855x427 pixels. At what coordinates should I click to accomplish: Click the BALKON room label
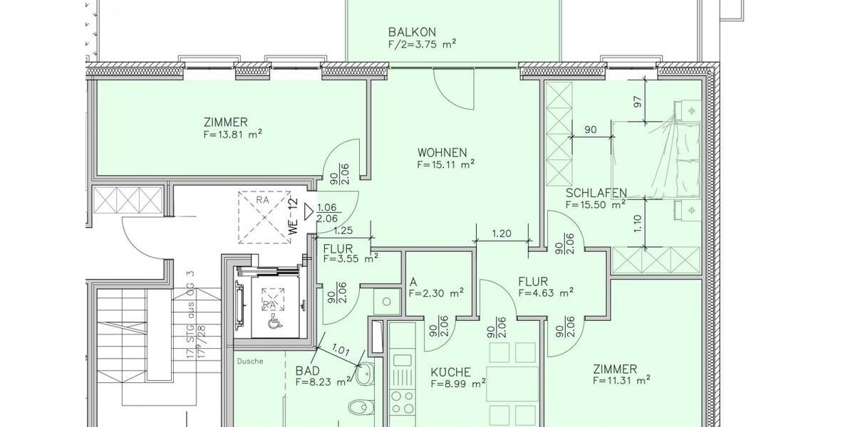tap(412, 32)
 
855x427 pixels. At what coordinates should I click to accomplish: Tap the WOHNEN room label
tap(442, 152)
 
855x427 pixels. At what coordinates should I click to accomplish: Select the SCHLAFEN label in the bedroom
tap(596, 193)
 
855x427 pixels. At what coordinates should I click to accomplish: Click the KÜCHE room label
tap(450, 372)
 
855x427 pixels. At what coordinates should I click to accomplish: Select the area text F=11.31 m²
tap(621, 381)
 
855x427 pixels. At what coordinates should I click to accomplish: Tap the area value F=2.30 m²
tap(437, 292)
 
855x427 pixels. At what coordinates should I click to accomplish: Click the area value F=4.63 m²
tap(546, 292)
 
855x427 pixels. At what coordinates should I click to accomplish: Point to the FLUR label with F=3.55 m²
tap(338, 248)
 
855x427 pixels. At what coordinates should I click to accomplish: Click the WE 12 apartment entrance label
tap(292, 211)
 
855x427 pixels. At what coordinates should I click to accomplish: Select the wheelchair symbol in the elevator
tap(272, 322)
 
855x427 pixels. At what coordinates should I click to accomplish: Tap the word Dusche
tap(251, 362)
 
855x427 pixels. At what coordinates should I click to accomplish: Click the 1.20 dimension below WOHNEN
tap(501, 233)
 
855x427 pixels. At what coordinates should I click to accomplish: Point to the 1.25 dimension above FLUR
tap(343, 231)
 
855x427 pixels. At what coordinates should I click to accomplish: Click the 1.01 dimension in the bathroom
tap(343, 349)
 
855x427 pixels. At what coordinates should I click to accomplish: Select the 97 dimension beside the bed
tap(638, 102)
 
